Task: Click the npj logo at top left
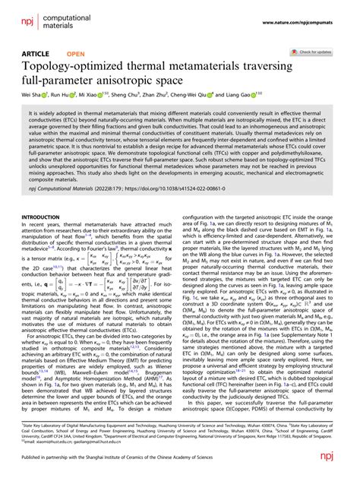tap(27, 17)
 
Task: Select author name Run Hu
tap(64, 97)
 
